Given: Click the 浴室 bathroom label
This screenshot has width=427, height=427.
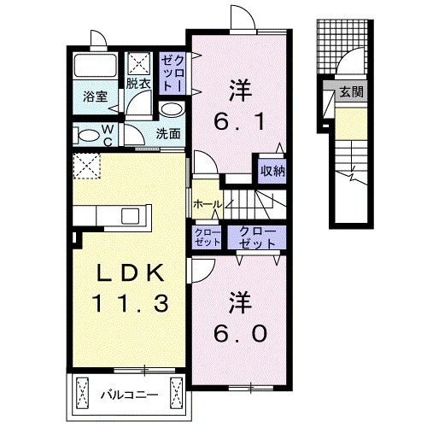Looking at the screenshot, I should point(94,97).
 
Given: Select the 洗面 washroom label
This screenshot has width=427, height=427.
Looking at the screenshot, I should point(168,133).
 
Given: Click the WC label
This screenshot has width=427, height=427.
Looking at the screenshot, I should point(108,135).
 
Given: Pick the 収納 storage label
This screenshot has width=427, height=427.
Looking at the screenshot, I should point(272,171).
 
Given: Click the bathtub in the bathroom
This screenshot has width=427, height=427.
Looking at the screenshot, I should point(94,67).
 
